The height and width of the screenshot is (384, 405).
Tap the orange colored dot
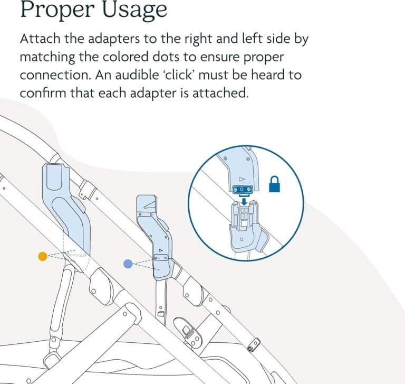click(x=43, y=256)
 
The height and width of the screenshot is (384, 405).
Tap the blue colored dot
click(x=128, y=264)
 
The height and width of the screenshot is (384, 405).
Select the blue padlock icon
click(x=274, y=184)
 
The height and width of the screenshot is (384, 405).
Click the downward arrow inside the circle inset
click(x=244, y=201)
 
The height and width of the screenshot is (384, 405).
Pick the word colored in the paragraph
click(x=125, y=57)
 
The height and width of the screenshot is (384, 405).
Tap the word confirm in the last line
click(x=43, y=93)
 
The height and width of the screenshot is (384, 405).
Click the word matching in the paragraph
click(x=47, y=58)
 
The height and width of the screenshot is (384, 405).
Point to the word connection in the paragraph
click(x=56, y=75)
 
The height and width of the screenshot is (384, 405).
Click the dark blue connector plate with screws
click(x=242, y=190)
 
